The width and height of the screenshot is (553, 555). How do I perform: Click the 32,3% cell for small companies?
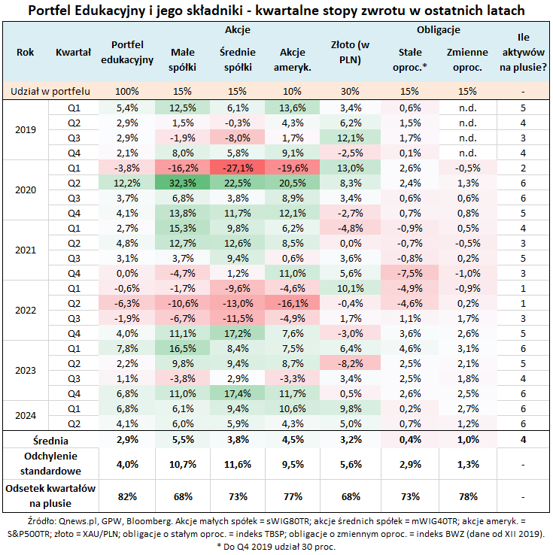[184, 182]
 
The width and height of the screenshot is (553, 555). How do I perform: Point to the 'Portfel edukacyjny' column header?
[127, 52]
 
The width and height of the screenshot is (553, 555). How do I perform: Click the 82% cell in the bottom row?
[127, 496]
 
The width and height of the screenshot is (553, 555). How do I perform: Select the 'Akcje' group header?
[238, 30]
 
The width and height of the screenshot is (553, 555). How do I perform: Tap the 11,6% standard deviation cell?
[238, 464]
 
